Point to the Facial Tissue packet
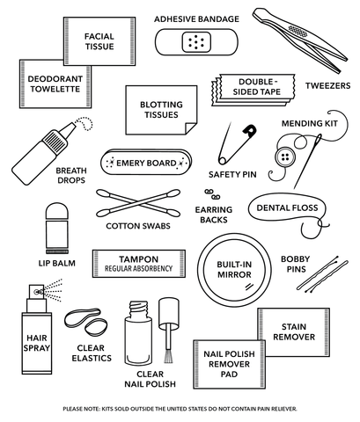pyautogui.click(x=99, y=40)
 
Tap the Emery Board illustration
pyautogui.click(x=144, y=162)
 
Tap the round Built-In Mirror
pyautogui.click(x=233, y=270)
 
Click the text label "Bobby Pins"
pyautogui.click(x=295, y=265)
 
